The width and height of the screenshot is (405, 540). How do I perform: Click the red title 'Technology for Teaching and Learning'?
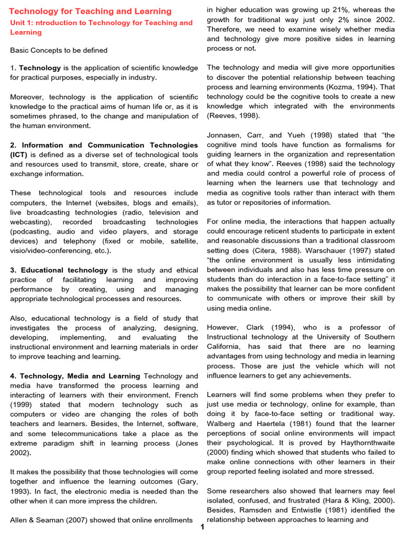click(90, 11)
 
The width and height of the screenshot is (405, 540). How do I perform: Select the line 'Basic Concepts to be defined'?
click(59, 50)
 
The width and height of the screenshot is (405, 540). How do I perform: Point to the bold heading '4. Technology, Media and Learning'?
click(75, 376)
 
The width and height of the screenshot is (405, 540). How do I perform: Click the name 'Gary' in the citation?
click(188, 481)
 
